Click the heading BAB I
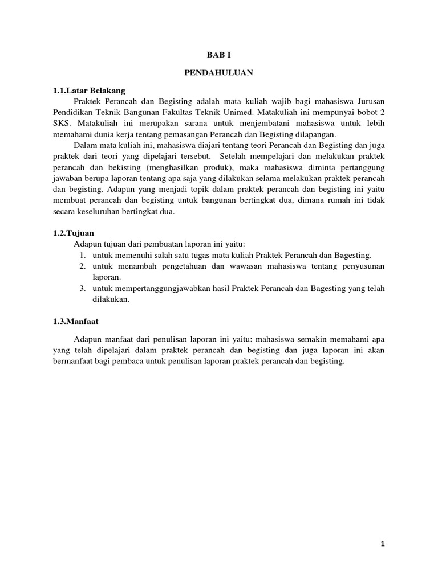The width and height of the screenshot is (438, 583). pyautogui.click(x=219, y=55)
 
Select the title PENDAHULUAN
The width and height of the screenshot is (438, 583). pyautogui.click(x=219, y=73)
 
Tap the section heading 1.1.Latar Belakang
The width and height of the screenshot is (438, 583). pyautogui.click(x=89, y=91)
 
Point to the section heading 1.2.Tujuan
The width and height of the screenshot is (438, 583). pyautogui.click(x=74, y=233)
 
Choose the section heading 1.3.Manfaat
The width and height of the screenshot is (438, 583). pyautogui.click(x=76, y=321)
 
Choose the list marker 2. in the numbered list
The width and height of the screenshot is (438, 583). pyautogui.click(x=82, y=266)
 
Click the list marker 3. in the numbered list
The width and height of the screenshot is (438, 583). pyautogui.click(x=82, y=288)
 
